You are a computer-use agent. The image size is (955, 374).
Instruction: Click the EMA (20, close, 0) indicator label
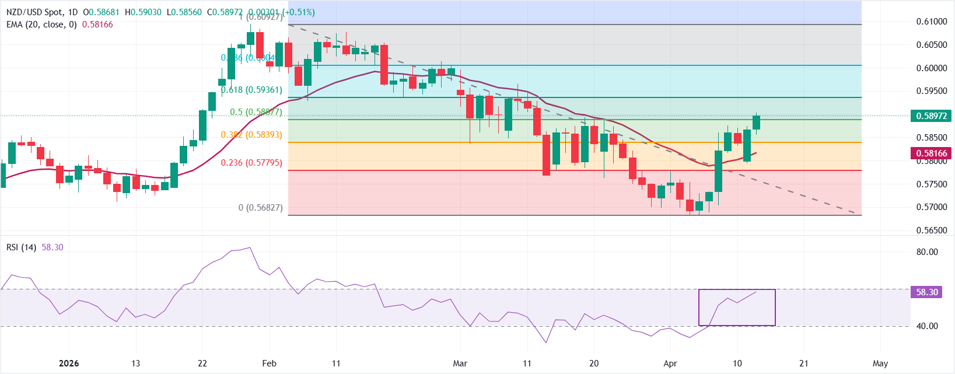coord(41,25)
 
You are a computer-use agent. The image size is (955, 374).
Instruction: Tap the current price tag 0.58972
coord(930,116)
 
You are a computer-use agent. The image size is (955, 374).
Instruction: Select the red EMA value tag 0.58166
coord(930,153)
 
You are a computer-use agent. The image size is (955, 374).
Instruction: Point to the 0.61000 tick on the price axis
coord(931,22)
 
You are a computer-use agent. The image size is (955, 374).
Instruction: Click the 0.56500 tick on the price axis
coord(931,230)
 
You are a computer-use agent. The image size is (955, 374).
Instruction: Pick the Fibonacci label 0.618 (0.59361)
coord(251,90)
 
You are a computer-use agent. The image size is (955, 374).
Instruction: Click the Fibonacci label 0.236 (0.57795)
coord(251,163)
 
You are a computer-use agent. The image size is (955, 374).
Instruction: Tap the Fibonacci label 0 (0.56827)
coord(260,208)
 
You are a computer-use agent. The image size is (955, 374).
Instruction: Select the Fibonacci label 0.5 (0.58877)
coord(256,112)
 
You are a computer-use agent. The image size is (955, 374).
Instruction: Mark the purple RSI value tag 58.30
coord(926,292)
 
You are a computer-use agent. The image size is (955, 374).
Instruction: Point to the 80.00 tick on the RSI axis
coord(927,252)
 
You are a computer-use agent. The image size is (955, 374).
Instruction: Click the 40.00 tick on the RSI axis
coord(927,326)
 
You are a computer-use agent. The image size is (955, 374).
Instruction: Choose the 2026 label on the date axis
coord(69,363)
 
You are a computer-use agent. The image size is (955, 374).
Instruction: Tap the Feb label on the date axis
coord(269,363)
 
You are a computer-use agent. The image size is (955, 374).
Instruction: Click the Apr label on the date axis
coord(670,363)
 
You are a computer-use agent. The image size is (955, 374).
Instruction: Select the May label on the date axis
coord(880,363)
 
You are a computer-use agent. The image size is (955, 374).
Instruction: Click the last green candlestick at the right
coord(757,122)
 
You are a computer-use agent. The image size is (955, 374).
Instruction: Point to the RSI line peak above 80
coord(250,247)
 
